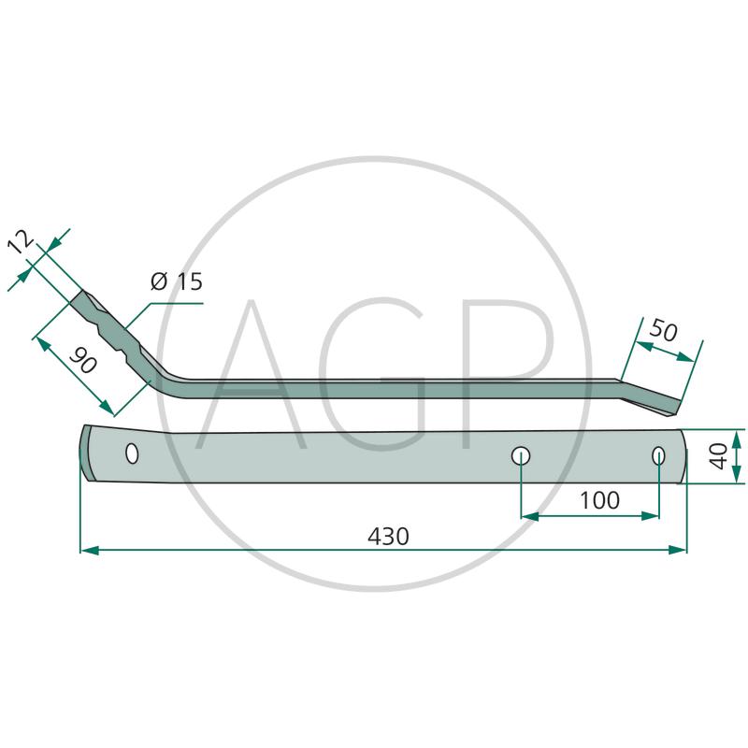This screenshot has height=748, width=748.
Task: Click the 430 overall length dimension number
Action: click(388, 536)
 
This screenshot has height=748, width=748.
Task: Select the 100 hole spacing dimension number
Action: click(599, 500)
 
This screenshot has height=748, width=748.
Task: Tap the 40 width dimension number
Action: click(718, 456)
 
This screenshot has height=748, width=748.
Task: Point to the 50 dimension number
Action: click(664, 330)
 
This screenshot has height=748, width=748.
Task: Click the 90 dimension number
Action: click(83, 360)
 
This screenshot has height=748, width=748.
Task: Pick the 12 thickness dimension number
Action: click(21, 242)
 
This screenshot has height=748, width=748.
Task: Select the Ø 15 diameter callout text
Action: click(177, 281)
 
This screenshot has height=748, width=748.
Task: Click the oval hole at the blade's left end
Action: click(132, 453)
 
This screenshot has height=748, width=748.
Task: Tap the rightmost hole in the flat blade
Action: click(659, 456)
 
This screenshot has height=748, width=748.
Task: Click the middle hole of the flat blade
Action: click(521, 456)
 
